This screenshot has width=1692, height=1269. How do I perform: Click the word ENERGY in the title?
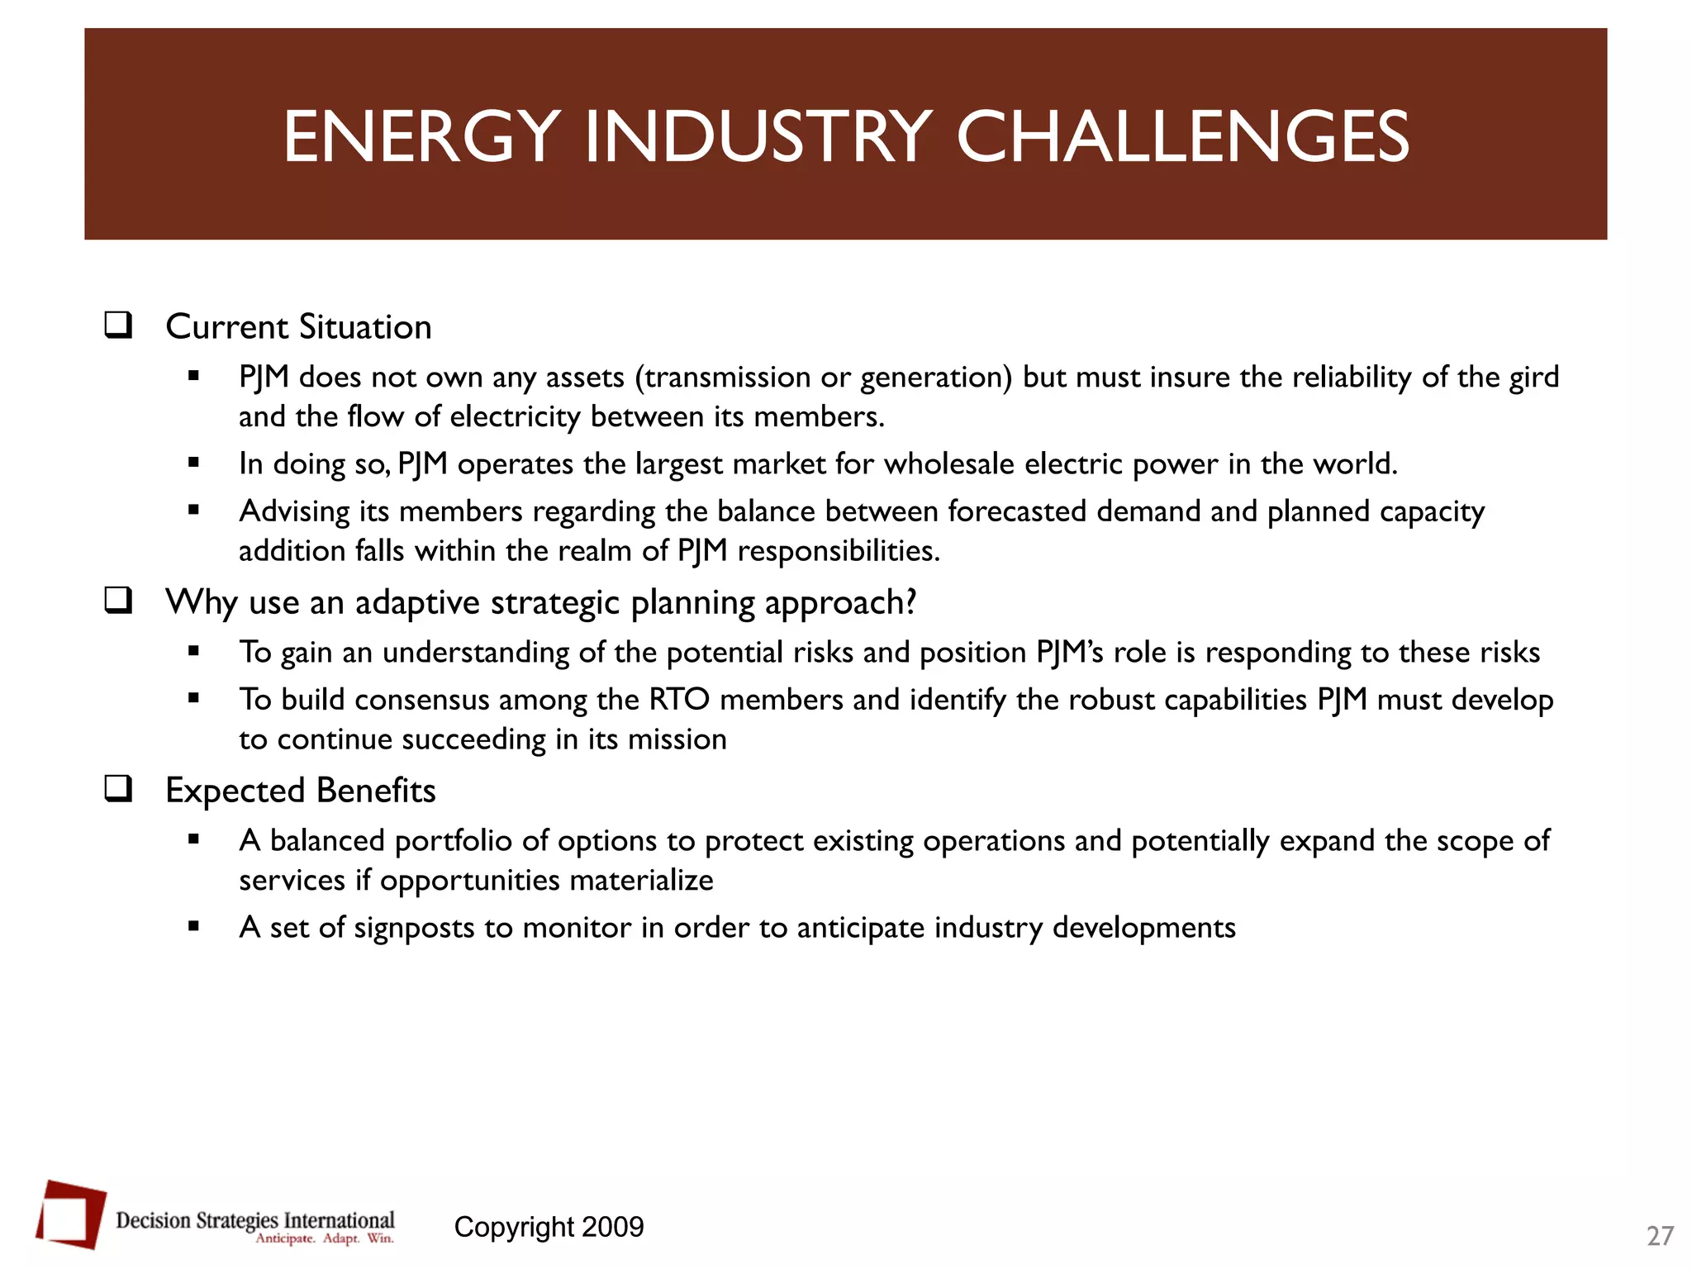(x=422, y=136)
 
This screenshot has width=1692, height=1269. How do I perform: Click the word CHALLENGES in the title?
(x=1182, y=136)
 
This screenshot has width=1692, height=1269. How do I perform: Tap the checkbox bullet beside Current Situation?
(x=118, y=325)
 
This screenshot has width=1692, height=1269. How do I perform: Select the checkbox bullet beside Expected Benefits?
(x=118, y=789)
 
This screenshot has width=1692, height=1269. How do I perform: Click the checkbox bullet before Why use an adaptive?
(x=118, y=601)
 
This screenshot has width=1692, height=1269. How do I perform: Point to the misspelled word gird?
(x=1534, y=378)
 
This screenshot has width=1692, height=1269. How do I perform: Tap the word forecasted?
(x=1017, y=511)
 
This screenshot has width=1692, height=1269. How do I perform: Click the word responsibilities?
(x=839, y=551)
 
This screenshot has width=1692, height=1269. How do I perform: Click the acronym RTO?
(x=679, y=700)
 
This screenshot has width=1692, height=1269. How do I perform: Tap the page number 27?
(x=1660, y=1236)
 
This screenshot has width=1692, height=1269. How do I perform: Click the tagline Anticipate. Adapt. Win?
(x=324, y=1238)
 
